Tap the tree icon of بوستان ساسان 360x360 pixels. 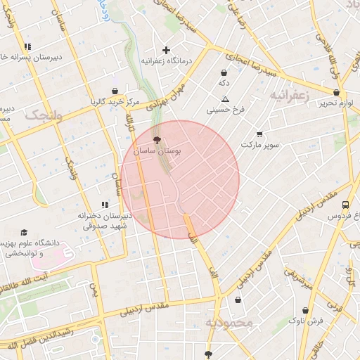(x=156, y=141)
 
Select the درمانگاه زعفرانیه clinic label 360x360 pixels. (x=167, y=61)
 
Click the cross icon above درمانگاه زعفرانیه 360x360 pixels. (x=167, y=50)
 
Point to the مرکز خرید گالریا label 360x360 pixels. (x=115, y=102)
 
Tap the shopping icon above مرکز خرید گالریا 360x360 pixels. (x=115, y=91)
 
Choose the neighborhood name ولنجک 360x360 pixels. (x=44, y=115)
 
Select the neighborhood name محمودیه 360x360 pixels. (x=229, y=322)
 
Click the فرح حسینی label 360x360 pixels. (x=225, y=110)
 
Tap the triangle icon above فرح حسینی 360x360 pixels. (x=225, y=99)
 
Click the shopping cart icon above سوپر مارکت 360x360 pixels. (x=259, y=134)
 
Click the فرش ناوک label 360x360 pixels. (x=306, y=320)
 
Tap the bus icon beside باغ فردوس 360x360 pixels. (x=345, y=205)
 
